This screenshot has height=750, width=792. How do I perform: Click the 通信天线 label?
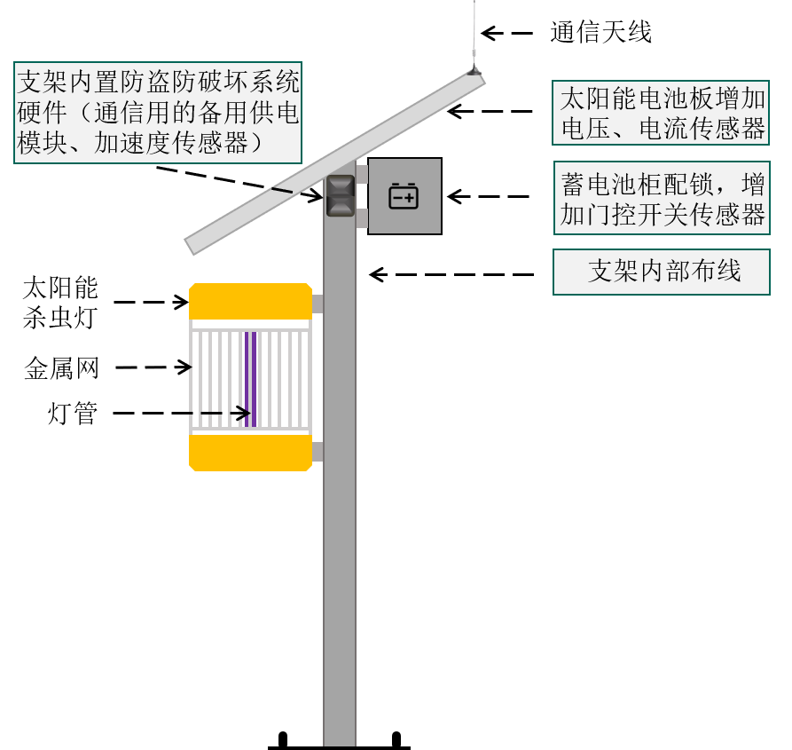click(x=600, y=32)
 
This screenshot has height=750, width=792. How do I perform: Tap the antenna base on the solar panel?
click(x=474, y=71)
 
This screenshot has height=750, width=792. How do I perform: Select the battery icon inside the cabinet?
click(x=403, y=196)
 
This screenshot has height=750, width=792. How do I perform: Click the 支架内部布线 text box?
click(x=662, y=272)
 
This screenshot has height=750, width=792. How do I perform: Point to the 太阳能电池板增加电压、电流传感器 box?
click(x=661, y=113)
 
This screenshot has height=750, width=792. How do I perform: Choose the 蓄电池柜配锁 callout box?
click(x=662, y=198)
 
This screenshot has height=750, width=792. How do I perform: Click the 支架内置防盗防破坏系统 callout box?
click(x=158, y=113)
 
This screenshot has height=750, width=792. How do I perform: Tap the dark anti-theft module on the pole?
click(x=341, y=195)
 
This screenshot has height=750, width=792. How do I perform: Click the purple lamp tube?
click(x=250, y=379)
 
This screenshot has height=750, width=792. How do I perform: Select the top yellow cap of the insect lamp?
click(x=250, y=301)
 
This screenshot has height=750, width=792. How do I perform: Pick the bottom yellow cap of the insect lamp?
click(x=250, y=453)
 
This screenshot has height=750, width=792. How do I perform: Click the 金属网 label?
click(x=61, y=368)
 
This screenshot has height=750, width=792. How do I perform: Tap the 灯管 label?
click(x=72, y=414)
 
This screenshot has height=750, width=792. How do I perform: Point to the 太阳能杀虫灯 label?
click(x=60, y=303)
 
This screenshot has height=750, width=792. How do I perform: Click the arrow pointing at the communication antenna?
click(x=506, y=34)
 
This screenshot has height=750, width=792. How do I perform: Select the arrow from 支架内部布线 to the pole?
click(x=451, y=274)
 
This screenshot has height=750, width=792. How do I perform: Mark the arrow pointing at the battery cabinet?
click(x=489, y=196)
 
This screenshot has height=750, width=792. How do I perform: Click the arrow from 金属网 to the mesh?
click(x=153, y=367)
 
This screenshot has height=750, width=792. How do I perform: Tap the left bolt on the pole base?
click(x=283, y=739)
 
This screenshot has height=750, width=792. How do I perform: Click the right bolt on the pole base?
click(x=396, y=739)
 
